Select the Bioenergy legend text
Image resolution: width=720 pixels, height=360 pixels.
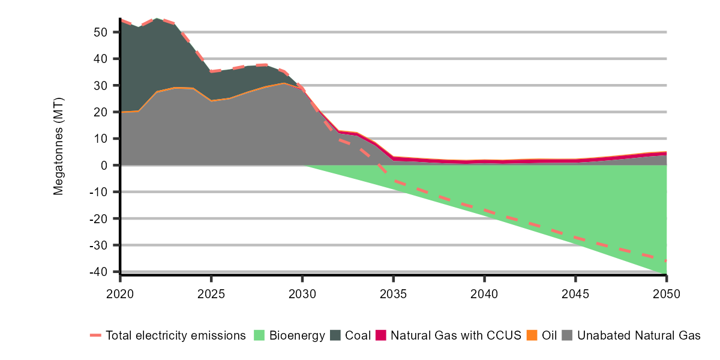click(x=298, y=335)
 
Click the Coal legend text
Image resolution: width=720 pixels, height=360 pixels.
click(x=358, y=335)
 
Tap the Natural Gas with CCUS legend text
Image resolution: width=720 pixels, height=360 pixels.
click(x=456, y=335)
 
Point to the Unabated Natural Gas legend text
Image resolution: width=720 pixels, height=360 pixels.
click(x=639, y=335)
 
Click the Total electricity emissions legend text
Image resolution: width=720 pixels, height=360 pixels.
click(x=176, y=335)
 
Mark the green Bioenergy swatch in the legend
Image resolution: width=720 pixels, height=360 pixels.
click(x=260, y=335)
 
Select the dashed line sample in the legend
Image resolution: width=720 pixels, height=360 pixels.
click(x=96, y=335)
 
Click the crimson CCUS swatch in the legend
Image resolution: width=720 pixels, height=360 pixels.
click(x=381, y=335)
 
